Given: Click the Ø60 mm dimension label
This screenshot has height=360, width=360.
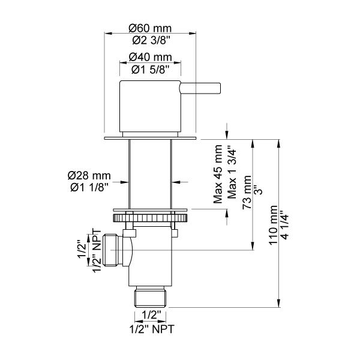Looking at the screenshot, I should (x=150, y=28).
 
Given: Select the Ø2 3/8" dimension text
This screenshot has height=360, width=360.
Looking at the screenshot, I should (x=150, y=41).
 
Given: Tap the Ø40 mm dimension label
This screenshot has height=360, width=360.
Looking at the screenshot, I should (x=150, y=58).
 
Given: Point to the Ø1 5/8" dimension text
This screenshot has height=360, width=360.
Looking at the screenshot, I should (x=150, y=70).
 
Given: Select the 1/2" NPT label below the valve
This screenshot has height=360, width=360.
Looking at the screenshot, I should (x=150, y=328).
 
